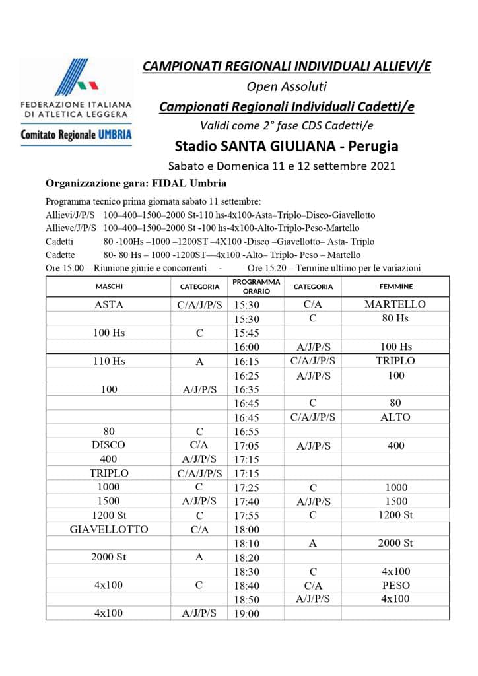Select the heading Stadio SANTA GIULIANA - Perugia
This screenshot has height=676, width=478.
(286, 145)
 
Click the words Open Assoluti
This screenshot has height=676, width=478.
(286, 86)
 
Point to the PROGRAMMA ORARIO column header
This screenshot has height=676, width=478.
(256, 287)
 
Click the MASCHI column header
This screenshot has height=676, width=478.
(109, 287)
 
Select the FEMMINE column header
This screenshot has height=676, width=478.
(395, 287)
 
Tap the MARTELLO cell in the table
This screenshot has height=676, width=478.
(395, 304)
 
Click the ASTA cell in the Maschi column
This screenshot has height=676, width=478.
(109, 305)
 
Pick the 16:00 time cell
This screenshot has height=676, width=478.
(247, 347)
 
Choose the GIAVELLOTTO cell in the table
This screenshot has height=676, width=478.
(109, 529)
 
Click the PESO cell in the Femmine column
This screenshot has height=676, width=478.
(395, 585)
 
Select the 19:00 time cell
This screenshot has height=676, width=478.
(247, 614)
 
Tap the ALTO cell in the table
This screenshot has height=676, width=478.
(395, 417)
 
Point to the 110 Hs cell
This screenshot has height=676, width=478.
(109, 361)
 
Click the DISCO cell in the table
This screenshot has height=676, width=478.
(109, 446)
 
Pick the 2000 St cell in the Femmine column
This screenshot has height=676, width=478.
(395, 543)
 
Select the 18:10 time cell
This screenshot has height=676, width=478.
(247, 544)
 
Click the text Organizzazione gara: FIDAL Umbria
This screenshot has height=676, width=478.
(136, 183)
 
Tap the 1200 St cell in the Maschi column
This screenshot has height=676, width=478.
(109, 515)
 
